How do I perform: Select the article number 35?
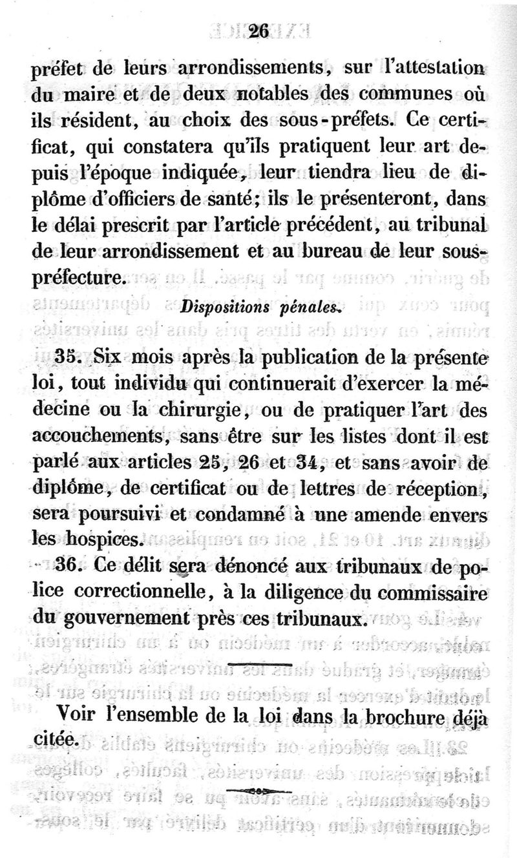pos(67,357)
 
